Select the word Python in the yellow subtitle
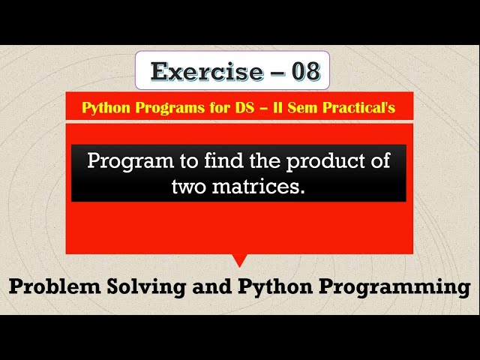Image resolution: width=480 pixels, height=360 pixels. (x=103, y=108)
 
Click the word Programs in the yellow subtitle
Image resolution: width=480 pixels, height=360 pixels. (x=158, y=108)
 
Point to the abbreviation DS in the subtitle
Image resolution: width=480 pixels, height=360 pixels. (x=226, y=108)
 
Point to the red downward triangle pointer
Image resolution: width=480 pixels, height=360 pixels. (x=240, y=259)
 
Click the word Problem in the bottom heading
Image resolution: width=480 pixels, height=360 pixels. (x=55, y=286)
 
